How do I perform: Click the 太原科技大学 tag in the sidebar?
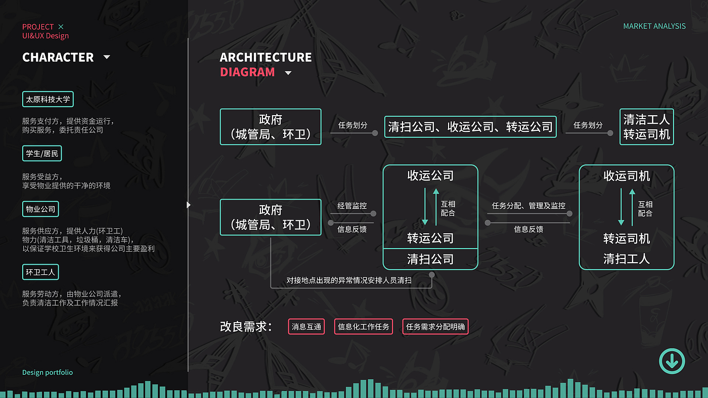click(x=48, y=99)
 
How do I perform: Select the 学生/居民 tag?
click(x=42, y=154)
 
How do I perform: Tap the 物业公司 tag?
click(x=40, y=209)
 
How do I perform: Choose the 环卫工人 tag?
click(x=40, y=273)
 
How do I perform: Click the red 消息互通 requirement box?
click(x=306, y=327)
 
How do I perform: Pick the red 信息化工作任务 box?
click(x=364, y=327)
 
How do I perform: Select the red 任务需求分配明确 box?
click(x=435, y=327)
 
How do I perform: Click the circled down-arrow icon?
click(x=672, y=361)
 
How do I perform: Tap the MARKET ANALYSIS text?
click(x=654, y=26)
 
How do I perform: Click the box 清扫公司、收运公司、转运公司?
click(x=470, y=127)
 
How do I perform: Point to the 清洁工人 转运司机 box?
click(x=646, y=127)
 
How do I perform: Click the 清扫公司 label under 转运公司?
click(x=430, y=259)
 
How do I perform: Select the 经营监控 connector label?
click(x=352, y=206)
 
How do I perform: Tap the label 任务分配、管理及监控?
click(x=528, y=206)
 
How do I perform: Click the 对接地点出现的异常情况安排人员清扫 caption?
click(x=349, y=280)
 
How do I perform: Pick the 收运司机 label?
click(x=627, y=176)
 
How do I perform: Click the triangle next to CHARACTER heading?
click(x=107, y=57)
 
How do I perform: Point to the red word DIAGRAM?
click(x=247, y=72)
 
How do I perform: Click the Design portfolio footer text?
click(x=48, y=372)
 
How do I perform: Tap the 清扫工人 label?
click(x=627, y=259)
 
